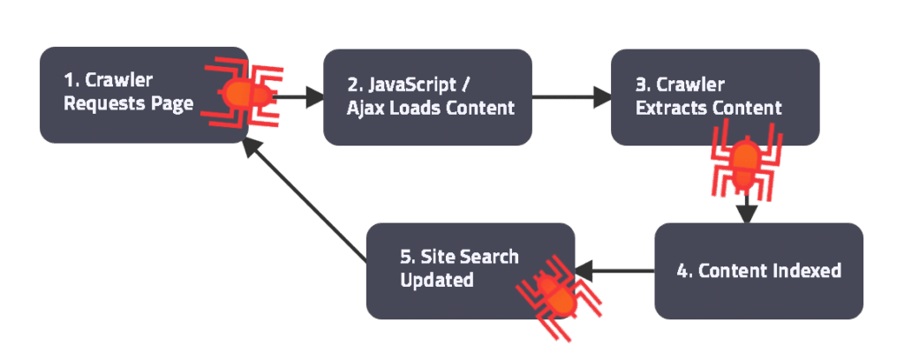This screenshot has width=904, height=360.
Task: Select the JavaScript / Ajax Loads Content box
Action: (427, 96)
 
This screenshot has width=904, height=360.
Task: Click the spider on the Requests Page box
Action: (239, 91)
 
